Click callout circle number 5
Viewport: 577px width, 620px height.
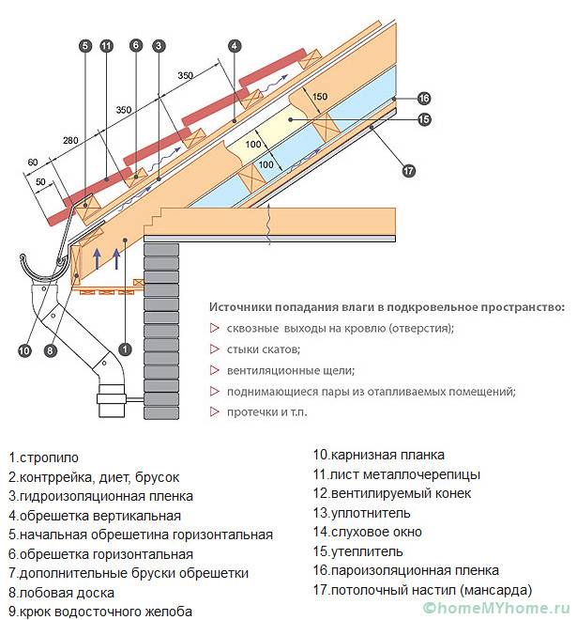point(84,45)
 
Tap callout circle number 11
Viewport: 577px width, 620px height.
point(106,45)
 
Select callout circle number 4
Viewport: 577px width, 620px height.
point(234,45)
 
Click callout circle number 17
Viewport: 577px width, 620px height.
point(407,170)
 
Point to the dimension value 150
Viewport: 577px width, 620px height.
point(319,97)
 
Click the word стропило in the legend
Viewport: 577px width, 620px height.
point(50,457)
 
